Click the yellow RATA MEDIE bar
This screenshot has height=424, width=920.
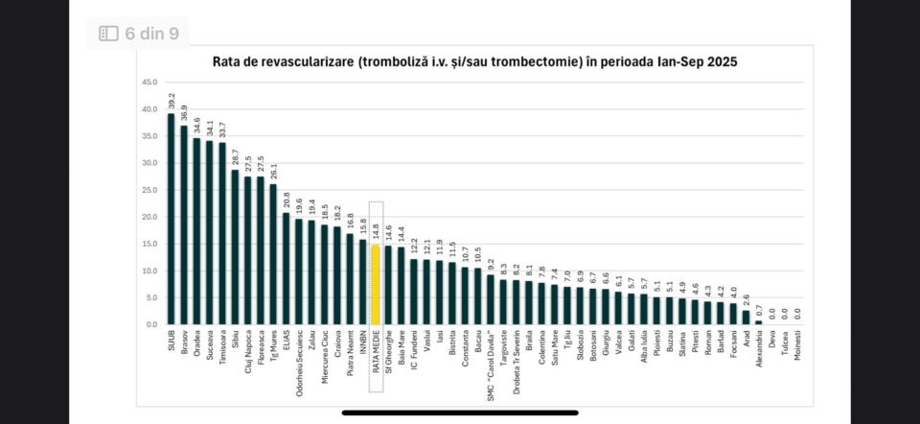click(376, 285)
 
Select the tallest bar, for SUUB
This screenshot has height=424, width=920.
click(172, 219)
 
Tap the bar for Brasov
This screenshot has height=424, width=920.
click(184, 225)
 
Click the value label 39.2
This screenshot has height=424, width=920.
click(172, 102)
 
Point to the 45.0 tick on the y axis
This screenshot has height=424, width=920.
click(149, 82)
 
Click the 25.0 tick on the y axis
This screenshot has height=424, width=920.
click(149, 190)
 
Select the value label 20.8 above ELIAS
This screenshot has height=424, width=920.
click(287, 200)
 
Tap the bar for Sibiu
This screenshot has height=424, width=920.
click(236, 247)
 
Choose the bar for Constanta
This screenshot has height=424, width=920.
click(465, 296)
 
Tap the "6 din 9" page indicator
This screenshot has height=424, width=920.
click(153, 34)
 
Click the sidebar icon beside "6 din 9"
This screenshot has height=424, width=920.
click(109, 34)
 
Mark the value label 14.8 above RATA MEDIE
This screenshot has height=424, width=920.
click(376, 232)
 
